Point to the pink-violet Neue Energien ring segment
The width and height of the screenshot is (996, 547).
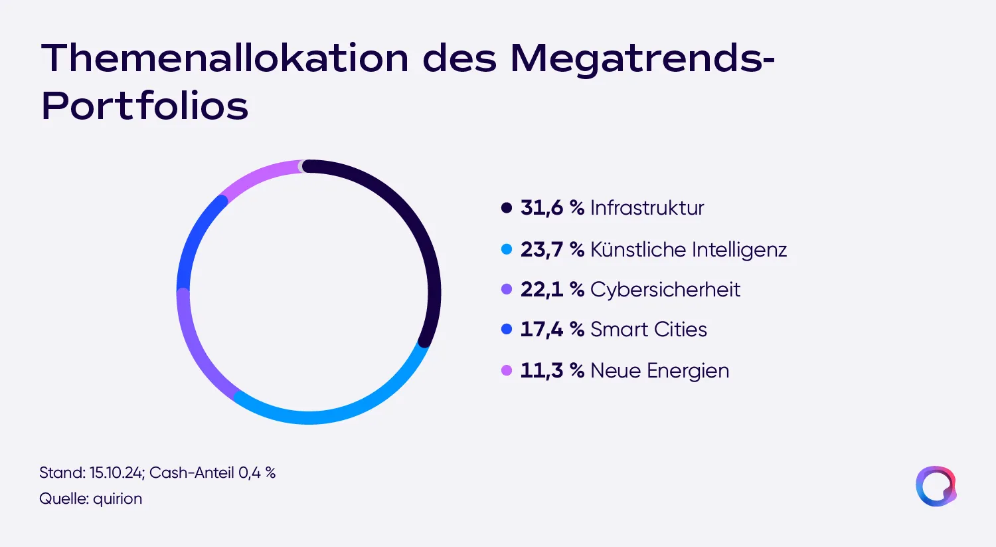[x=258, y=173]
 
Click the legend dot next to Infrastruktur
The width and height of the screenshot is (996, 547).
[x=507, y=208]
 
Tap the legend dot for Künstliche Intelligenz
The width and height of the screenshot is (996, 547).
[x=507, y=249]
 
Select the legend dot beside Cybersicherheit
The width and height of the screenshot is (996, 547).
[x=507, y=289]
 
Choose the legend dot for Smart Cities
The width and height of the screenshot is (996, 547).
[x=507, y=330]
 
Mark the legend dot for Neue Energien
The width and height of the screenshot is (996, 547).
[x=507, y=370]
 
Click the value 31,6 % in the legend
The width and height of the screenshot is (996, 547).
[x=552, y=208]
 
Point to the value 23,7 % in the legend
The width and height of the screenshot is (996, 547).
[x=552, y=249]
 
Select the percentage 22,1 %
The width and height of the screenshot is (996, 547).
[x=552, y=289]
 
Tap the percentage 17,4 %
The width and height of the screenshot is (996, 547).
[x=552, y=330]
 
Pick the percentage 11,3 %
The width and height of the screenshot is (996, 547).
[x=552, y=370]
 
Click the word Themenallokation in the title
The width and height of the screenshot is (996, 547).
[x=225, y=58]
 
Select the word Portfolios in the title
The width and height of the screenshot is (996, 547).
[x=145, y=106]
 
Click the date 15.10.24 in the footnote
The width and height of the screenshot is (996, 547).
[x=117, y=473]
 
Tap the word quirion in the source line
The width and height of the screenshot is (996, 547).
[x=118, y=499]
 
